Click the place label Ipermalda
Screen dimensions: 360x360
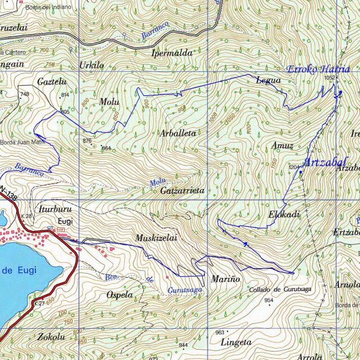172,53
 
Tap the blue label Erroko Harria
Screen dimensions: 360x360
318,69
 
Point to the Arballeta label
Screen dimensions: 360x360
178,133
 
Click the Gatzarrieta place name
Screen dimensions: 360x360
182,190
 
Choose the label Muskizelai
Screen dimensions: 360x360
157,238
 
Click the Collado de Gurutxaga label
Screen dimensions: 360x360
280,290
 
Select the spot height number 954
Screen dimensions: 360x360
269,300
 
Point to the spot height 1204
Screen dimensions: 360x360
294,167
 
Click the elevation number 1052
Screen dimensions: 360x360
329,78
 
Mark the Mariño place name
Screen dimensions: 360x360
226,280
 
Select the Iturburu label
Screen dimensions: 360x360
55,210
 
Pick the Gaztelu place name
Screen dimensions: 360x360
51,81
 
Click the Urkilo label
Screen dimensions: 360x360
91,65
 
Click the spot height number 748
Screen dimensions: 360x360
24,95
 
